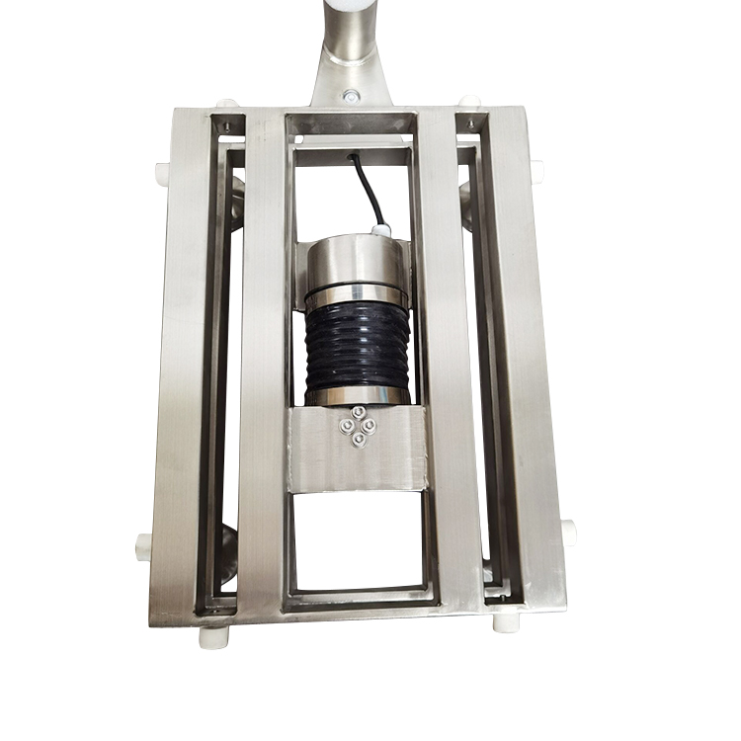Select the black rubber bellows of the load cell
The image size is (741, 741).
356,346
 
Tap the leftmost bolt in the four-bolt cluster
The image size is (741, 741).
345,426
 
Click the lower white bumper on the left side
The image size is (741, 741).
144,542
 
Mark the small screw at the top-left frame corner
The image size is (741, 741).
227,125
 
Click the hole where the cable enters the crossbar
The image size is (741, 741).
351,155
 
